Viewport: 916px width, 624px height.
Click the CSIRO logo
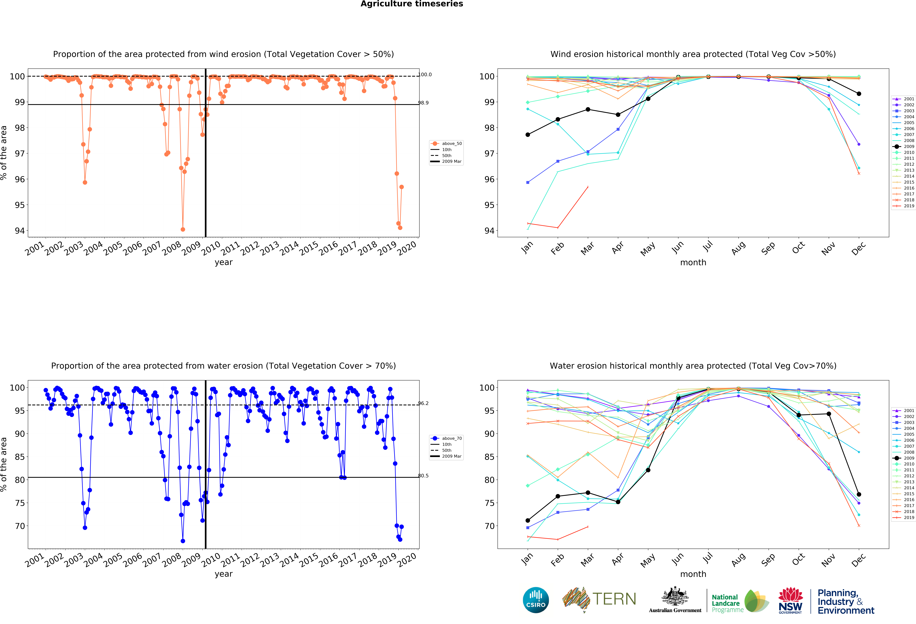point(536,600)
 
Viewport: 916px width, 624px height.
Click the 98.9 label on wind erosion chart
point(423,103)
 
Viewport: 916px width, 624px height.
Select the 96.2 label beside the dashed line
point(423,403)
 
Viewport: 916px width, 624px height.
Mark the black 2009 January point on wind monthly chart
point(528,135)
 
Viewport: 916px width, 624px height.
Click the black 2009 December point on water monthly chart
point(859,494)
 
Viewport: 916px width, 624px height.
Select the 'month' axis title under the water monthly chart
point(693,574)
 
